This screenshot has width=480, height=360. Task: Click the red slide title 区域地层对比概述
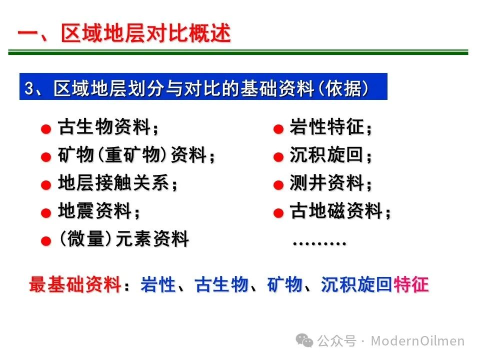(x=145, y=33)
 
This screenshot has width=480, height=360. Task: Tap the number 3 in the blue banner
(x=29, y=88)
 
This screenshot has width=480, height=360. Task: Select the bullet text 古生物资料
(x=104, y=126)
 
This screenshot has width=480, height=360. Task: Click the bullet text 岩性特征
(x=326, y=126)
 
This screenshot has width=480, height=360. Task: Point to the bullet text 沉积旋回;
(x=330, y=154)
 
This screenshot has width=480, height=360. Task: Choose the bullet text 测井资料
(x=326, y=183)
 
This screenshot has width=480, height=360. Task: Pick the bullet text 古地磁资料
(x=336, y=211)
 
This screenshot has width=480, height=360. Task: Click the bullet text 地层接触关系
(x=113, y=183)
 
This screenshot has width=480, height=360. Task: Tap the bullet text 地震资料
(x=95, y=211)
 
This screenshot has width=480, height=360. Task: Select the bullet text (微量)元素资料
(x=124, y=239)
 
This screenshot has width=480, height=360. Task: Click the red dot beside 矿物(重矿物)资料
(x=46, y=157)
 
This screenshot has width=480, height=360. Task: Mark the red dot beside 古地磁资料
(x=278, y=213)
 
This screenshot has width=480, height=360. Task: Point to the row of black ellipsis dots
(x=319, y=243)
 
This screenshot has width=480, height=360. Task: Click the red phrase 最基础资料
(x=75, y=284)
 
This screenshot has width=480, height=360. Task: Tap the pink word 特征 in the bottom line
(x=411, y=284)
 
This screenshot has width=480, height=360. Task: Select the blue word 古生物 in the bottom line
(x=221, y=284)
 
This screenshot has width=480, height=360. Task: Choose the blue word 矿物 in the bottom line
(x=285, y=284)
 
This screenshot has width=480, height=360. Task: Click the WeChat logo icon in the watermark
(x=304, y=340)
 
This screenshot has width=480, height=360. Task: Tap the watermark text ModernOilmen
(x=417, y=340)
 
